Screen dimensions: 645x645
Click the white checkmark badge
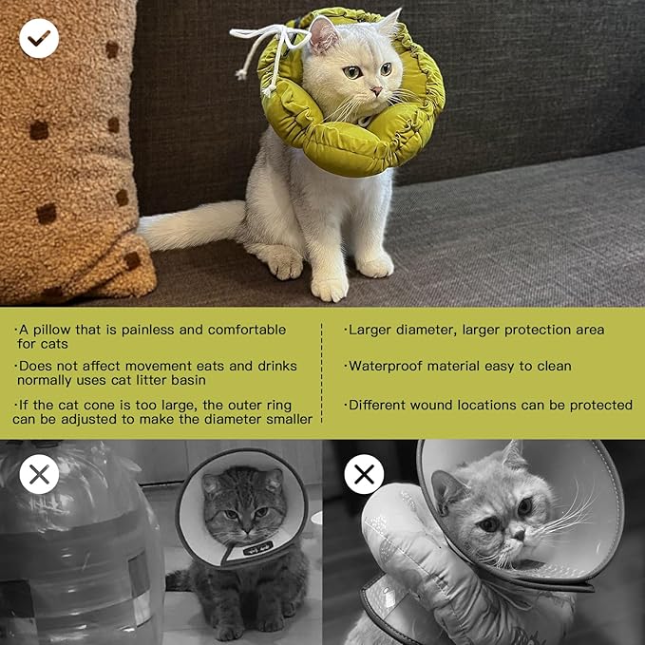click(39, 38)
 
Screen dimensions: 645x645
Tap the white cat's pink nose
click(376, 90)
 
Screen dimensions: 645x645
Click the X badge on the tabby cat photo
click(39, 474)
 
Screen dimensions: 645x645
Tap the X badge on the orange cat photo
click(364, 474)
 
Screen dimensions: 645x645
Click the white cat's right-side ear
click(390, 24)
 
